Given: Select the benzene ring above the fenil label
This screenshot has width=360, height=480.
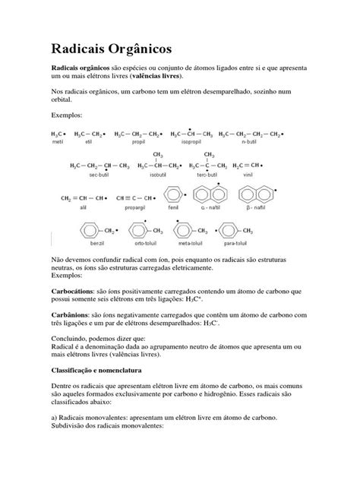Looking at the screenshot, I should pyautogui.click(x=173, y=194).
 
